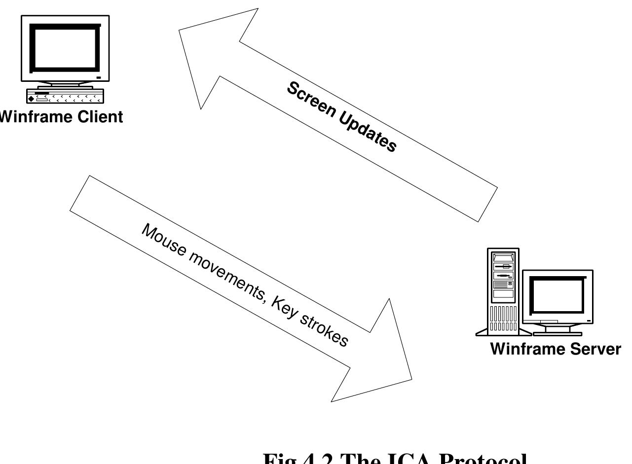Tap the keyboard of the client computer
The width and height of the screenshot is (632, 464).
(x=65, y=96)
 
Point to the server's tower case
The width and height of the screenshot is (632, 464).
(x=504, y=291)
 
